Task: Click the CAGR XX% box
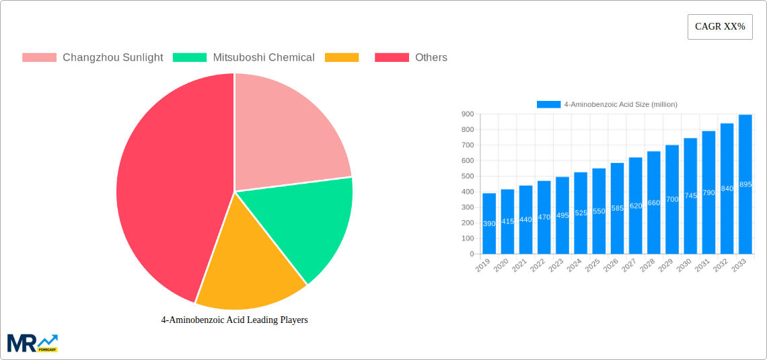pyautogui.click(x=720, y=27)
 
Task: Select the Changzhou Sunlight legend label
pyautogui.click(x=112, y=57)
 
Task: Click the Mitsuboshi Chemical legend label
pyautogui.click(x=264, y=57)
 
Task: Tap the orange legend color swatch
pyautogui.click(x=342, y=57)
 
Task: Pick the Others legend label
pyautogui.click(x=431, y=57)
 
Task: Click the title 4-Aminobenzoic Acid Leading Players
pyautogui.click(x=234, y=320)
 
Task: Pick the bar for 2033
pyautogui.click(x=745, y=184)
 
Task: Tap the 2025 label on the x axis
pyautogui.click(x=593, y=265)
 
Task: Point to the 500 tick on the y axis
pyautogui.click(x=467, y=176)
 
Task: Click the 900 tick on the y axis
pyautogui.click(x=467, y=114)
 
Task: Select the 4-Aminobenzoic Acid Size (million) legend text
pyautogui.click(x=620, y=104)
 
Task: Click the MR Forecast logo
pyautogui.click(x=32, y=343)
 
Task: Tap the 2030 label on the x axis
pyautogui.click(x=684, y=265)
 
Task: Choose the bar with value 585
pyautogui.click(x=617, y=209)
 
